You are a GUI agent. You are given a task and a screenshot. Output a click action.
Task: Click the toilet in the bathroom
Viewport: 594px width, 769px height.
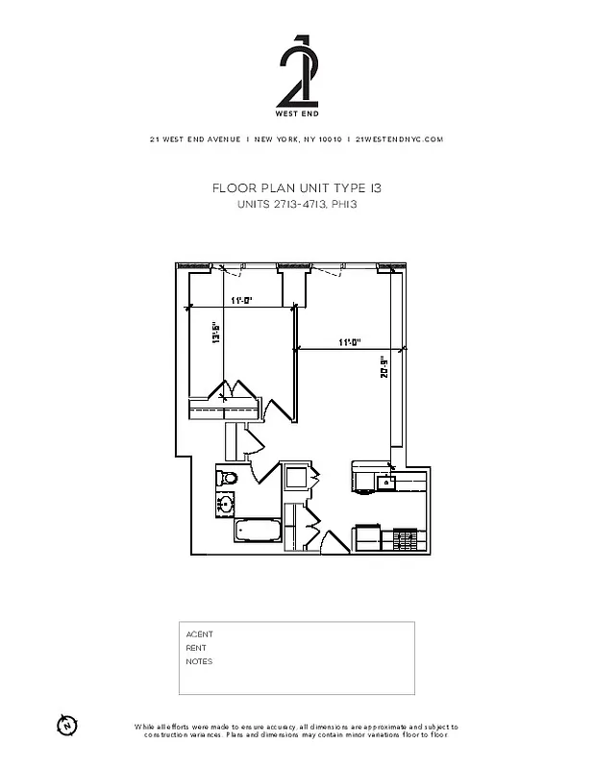tap(229, 478)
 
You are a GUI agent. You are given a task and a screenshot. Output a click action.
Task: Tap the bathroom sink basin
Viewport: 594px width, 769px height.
tap(227, 502)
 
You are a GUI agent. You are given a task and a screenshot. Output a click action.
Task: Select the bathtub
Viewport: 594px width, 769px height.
tap(257, 531)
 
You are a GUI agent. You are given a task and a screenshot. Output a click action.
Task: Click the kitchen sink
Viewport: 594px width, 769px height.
tap(385, 482)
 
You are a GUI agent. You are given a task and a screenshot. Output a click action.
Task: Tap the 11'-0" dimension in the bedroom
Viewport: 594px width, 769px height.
tap(240, 301)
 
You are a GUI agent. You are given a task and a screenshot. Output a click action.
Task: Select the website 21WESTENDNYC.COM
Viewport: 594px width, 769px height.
tap(399, 139)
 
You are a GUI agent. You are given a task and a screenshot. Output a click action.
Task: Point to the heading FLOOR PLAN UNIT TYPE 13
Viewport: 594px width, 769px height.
tap(296, 189)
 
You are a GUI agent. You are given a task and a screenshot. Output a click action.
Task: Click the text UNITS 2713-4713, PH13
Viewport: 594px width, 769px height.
tap(296, 205)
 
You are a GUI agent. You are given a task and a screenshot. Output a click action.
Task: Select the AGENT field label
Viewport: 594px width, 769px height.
tap(199, 634)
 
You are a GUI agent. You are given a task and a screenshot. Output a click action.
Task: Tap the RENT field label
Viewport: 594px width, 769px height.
tap(196, 648)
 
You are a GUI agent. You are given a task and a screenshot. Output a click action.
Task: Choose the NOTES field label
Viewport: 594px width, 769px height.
tap(199, 661)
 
